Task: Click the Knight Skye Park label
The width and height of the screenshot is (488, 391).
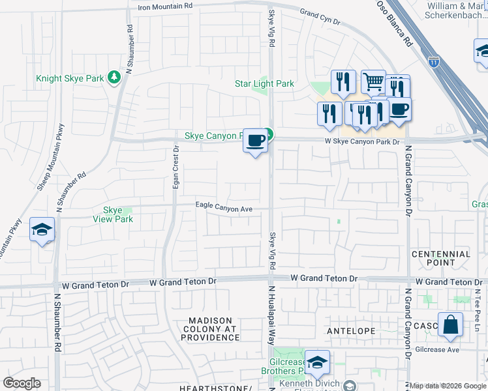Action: point(69,78)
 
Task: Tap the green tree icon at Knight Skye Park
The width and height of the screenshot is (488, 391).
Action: point(115,78)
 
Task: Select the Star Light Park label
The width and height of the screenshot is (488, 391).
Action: point(264,83)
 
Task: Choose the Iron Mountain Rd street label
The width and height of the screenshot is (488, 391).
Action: point(166,6)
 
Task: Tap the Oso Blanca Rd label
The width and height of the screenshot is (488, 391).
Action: point(395,22)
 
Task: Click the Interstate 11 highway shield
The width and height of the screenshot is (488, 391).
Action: point(434,61)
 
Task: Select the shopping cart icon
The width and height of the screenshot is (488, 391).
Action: point(373,81)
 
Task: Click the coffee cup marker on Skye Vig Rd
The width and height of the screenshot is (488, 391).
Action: point(255,140)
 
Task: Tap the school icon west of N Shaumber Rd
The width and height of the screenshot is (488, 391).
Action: point(42,230)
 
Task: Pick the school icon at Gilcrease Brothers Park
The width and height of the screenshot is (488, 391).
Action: point(317,362)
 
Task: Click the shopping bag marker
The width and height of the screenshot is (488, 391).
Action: point(450,324)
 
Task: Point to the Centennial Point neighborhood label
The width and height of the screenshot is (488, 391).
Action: point(440,258)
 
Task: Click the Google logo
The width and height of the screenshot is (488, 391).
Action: point(22,383)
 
